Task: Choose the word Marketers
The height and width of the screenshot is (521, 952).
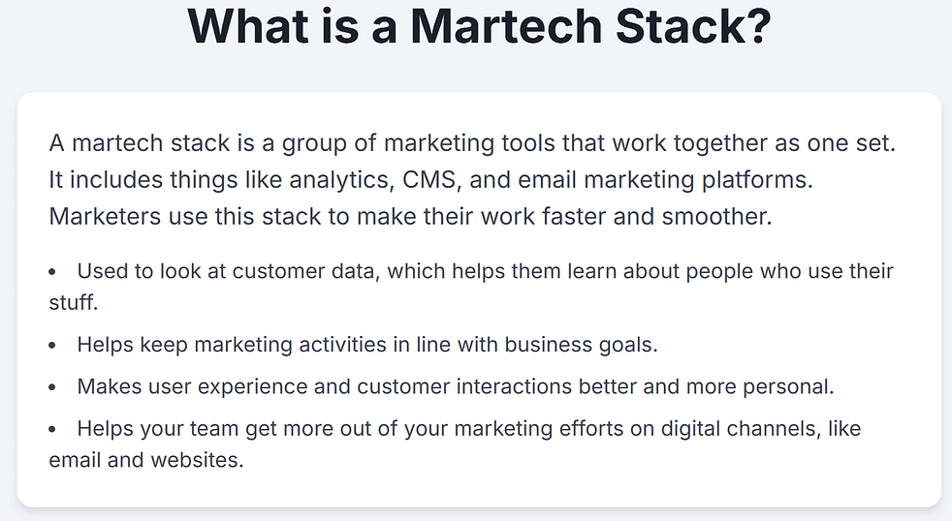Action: pyautogui.click(x=103, y=216)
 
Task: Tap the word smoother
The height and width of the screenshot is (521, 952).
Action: pyautogui.click(x=717, y=216)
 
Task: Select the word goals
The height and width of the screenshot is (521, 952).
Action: pyautogui.click(x=625, y=344)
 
